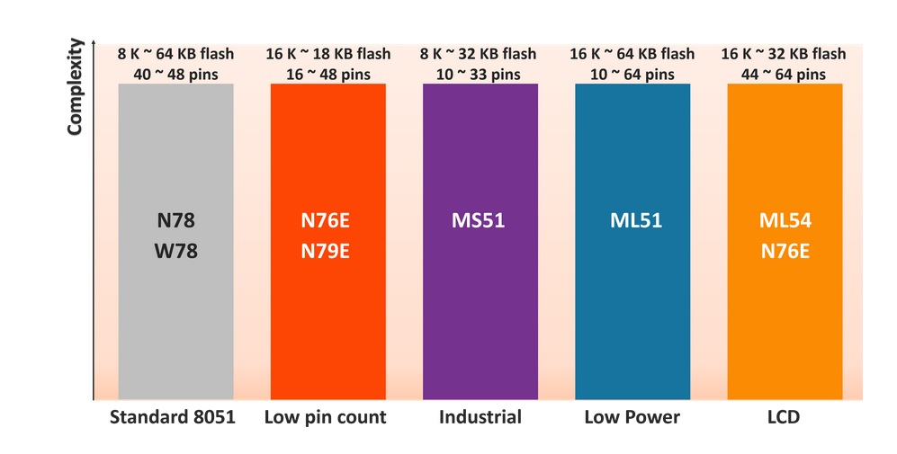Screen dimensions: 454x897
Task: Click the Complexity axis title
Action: [75, 87]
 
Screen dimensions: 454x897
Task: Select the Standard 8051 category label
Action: [172, 417]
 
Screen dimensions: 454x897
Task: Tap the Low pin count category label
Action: [326, 417]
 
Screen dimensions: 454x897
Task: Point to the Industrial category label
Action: [480, 417]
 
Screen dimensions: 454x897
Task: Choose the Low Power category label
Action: [632, 417]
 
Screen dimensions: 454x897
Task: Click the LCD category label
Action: [785, 417]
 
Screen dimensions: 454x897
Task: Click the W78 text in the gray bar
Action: [175, 252]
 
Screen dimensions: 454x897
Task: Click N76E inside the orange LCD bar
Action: [785, 252]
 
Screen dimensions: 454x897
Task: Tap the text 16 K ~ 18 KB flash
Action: [327, 54]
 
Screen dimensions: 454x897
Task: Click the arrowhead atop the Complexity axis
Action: [94, 42]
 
